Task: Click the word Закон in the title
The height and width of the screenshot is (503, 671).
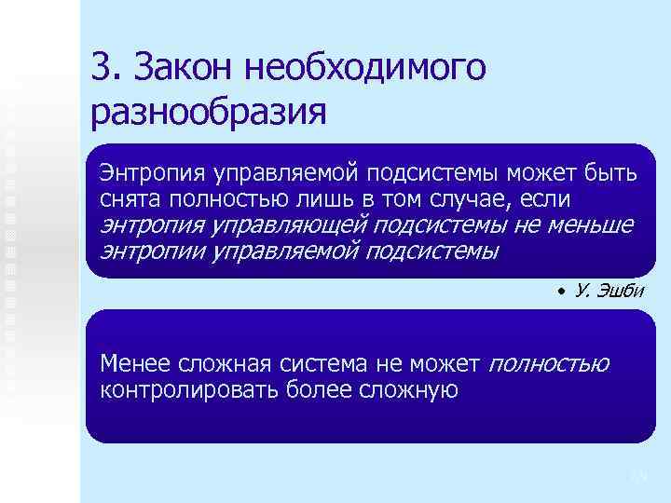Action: pyautogui.click(x=184, y=68)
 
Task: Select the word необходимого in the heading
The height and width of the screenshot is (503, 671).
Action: pyautogui.click(x=365, y=68)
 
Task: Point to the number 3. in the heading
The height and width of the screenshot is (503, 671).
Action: pyautogui.click(x=106, y=68)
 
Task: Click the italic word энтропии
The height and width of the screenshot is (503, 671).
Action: pyautogui.click(x=152, y=251)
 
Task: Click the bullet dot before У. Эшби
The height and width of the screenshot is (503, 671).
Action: pyautogui.click(x=563, y=292)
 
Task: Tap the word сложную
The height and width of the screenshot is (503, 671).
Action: pyautogui.click(x=407, y=388)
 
